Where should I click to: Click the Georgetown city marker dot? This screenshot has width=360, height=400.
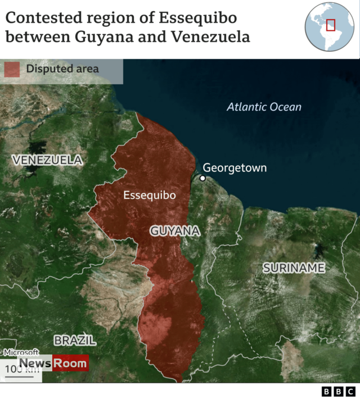(202, 178)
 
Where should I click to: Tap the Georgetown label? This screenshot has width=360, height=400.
(235, 167)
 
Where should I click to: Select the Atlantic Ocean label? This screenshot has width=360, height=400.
(264, 107)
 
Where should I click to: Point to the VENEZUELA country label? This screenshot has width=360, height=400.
(47, 160)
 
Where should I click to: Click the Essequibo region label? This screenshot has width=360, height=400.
(149, 196)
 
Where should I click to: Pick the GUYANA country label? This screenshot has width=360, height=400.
(175, 231)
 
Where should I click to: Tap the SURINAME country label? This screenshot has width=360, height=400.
(294, 268)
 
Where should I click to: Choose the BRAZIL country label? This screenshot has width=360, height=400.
(75, 340)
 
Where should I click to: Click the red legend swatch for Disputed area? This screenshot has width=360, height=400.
(12, 69)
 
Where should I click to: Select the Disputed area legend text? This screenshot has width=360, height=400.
(62, 69)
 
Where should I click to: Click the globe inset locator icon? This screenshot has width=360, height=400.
(330, 26)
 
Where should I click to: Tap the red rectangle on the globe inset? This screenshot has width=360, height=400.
(331, 25)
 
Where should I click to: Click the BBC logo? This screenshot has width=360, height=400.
(338, 392)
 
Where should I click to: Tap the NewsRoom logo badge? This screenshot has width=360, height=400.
(53, 363)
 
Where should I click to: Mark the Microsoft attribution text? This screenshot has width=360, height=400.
(21, 352)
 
